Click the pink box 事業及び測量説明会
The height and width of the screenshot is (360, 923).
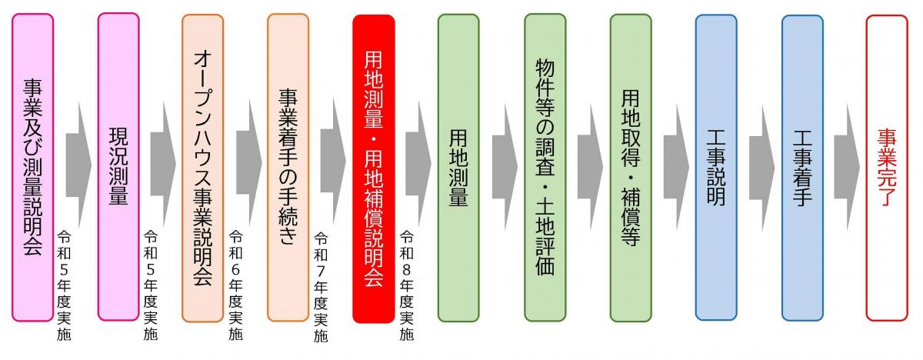(x=32, y=168)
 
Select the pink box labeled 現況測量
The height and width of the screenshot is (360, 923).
(x=118, y=167)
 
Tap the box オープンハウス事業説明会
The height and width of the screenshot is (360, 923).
(x=203, y=168)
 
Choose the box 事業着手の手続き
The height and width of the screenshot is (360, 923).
(x=288, y=168)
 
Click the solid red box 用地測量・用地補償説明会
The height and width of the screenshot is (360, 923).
(x=374, y=169)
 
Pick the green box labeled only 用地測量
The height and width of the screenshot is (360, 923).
(x=458, y=168)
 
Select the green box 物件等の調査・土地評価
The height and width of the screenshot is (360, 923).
(x=545, y=168)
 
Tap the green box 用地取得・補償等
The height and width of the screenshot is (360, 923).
(x=631, y=168)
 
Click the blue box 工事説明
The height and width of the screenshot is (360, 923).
(x=716, y=168)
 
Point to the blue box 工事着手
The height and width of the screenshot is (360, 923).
(x=803, y=168)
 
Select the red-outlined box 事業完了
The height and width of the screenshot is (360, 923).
(x=887, y=168)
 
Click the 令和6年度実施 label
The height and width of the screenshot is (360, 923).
(x=235, y=285)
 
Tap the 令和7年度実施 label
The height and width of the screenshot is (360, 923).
(x=321, y=287)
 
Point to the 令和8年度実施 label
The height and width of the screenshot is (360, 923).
(x=406, y=285)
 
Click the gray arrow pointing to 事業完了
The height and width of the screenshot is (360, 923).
(x=847, y=167)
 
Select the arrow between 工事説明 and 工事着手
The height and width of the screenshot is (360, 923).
(x=762, y=168)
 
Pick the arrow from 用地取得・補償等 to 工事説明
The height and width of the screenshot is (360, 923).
(x=676, y=167)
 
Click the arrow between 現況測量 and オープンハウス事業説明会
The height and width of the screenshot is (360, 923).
(x=163, y=164)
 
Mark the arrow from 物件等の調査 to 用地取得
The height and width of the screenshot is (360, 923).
(x=591, y=167)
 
